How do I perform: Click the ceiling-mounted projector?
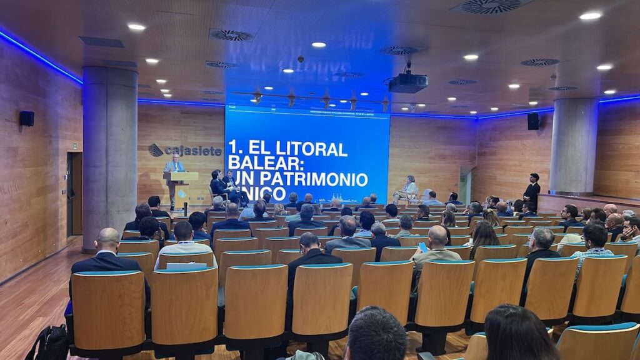(408, 82)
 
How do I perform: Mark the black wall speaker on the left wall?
(26, 118)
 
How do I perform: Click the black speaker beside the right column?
(533, 121)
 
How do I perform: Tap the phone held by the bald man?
(422, 247)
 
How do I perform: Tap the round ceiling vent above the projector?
(397, 50)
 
